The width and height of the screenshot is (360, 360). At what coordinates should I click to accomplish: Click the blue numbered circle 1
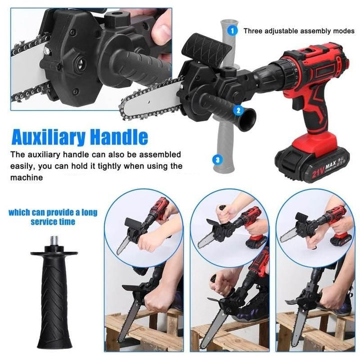(x=231, y=30)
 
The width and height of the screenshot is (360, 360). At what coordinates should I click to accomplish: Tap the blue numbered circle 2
(x=238, y=111)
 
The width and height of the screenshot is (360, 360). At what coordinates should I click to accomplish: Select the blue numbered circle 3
(x=216, y=160)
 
